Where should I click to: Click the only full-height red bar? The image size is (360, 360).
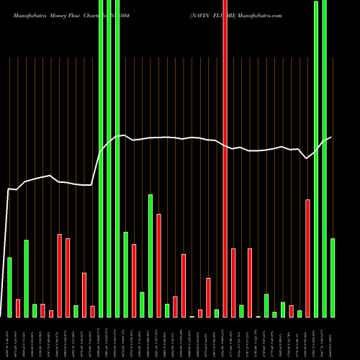(225, 158)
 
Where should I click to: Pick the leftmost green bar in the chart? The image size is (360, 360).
(9, 287)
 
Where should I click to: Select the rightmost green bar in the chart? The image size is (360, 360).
(333, 277)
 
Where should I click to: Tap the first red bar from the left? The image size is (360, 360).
(18, 308)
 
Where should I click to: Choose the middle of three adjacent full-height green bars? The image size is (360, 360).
(109, 158)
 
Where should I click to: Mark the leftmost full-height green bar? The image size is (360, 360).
(101, 158)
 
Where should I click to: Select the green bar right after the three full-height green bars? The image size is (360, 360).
(126, 274)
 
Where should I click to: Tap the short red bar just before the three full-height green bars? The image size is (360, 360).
(93, 312)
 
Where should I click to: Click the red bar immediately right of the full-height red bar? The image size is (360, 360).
(233, 283)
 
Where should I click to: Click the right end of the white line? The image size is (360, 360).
(332, 137)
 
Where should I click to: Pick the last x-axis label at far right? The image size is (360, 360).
(333, 338)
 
